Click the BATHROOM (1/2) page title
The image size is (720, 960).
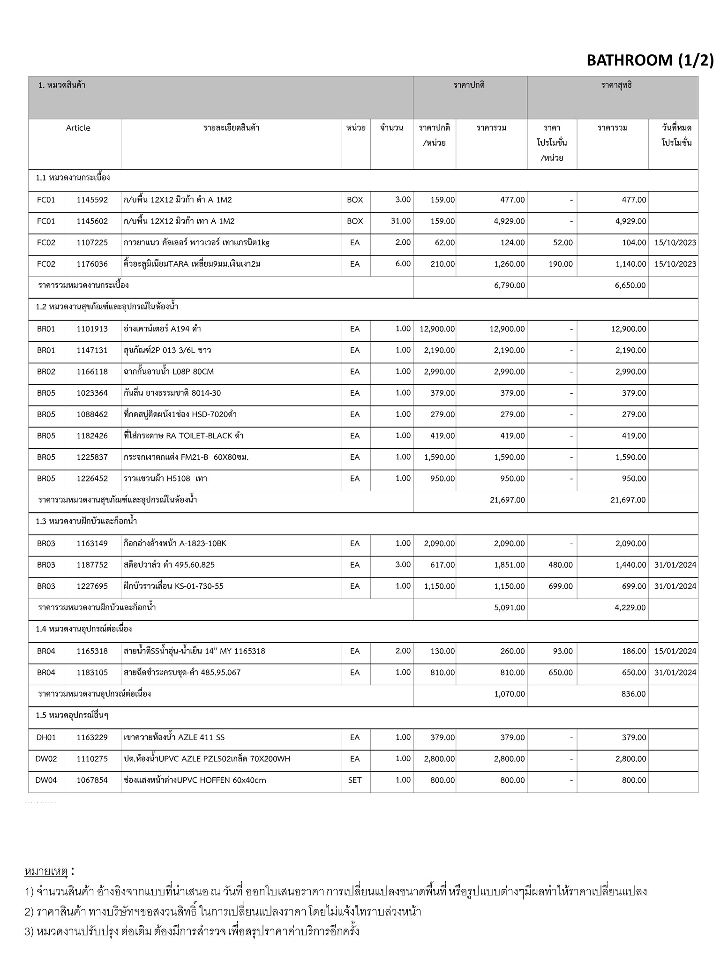650,60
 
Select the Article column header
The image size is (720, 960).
78,128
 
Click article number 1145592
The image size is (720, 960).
92,200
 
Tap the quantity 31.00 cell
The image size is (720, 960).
401,221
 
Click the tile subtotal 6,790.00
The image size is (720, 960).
509,285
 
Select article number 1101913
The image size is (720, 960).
92,329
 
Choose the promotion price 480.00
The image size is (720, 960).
561,565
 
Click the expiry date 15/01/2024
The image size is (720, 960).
675,651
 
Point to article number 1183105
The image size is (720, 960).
92,672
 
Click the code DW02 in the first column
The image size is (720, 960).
46,758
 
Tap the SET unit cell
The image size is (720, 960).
355,780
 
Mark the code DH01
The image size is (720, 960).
46,737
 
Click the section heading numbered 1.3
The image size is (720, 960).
86,521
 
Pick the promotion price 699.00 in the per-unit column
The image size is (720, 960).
561,586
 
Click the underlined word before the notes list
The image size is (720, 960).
46,871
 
